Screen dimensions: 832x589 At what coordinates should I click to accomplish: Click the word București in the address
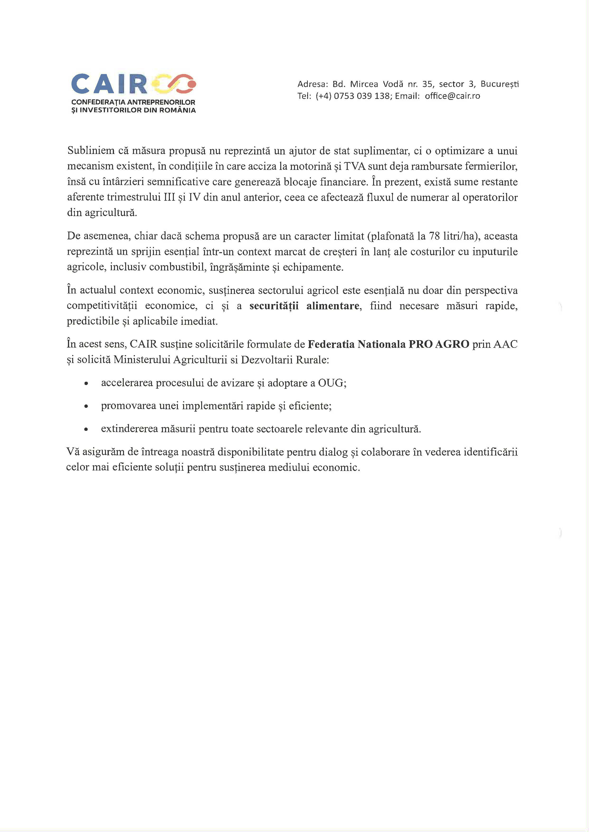(x=499, y=84)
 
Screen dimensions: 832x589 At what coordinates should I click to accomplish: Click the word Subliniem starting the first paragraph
(x=91, y=151)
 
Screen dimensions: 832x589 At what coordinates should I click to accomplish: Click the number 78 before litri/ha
(x=434, y=236)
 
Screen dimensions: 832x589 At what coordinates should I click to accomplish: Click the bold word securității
(x=274, y=306)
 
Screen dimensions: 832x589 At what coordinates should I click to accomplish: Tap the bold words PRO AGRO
(x=439, y=344)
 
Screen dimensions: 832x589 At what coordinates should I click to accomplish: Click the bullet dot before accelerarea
(x=86, y=383)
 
